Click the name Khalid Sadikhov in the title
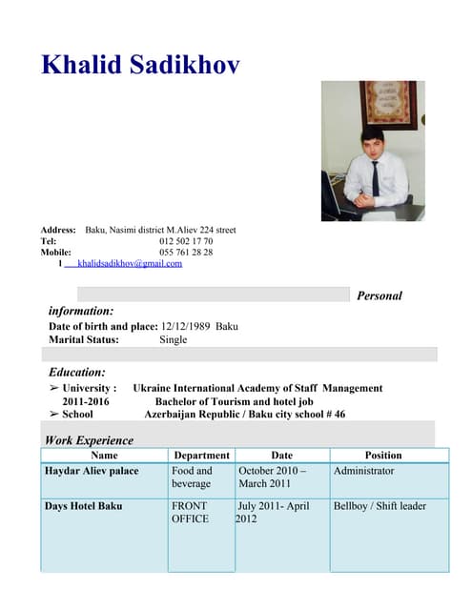click(x=140, y=65)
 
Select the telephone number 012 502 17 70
click(x=186, y=241)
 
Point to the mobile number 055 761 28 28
click(x=186, y=253)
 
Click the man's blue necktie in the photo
click(x=375, y=177)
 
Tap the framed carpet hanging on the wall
click(x=388, y=104)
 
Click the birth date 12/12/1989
click(x=186, y=326)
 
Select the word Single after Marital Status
click(x=174, y=339)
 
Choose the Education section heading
click(x=77, y=372)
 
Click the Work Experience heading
click(x=89, y=440)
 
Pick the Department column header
click(x=202, y=456)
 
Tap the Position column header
click(x=383, y=456)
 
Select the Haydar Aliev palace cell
click(x=92, y=471)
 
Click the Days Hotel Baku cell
click(x=84, y=505)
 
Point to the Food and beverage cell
click(x=193, y=478)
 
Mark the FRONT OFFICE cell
click(x=190, y=512)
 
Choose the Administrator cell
click(x=363, y=471)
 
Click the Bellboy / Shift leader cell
click(x=380, y=505)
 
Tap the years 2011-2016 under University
click(x=79, y=402)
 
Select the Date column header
click(x=282, y=456)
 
